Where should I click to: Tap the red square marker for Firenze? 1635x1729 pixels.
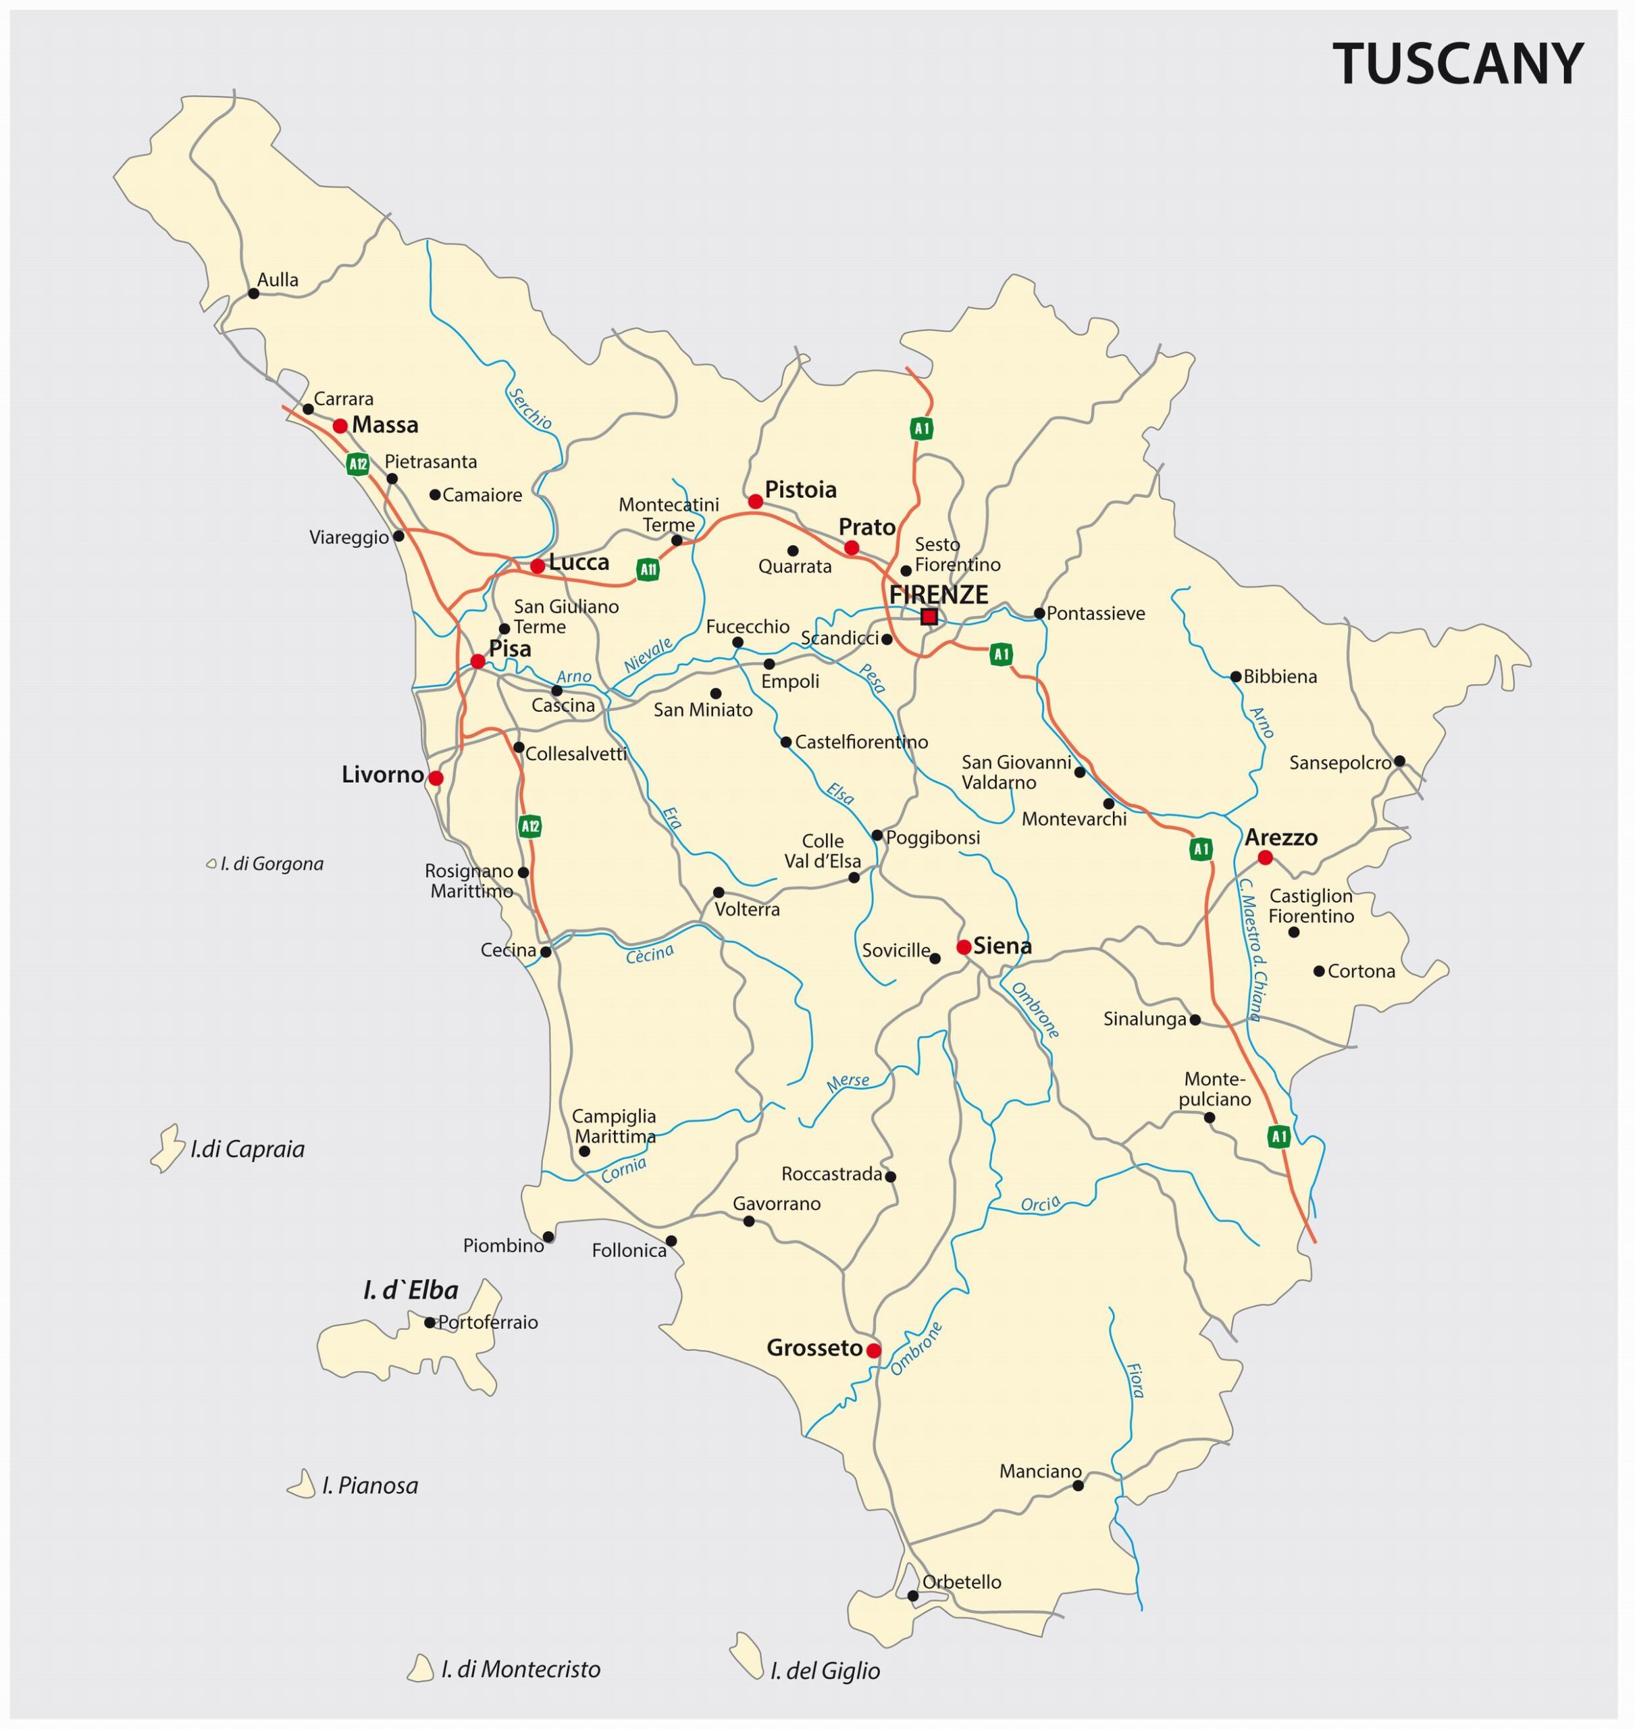(x=929, y=617)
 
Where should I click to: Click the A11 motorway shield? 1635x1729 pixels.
(x=648, y=570)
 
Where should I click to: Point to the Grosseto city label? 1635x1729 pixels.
(x=814, y=1348)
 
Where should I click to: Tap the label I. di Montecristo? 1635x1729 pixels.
(x=520, y=1669)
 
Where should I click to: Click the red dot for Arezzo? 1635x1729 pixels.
(x=1265, y=858)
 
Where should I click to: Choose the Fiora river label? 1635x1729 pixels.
(x=1135, y=1380)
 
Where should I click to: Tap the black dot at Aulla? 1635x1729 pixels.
(x=254, y=293)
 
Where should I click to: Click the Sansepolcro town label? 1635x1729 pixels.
(x=1340, y=763)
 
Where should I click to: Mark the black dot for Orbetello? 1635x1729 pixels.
(x=912, y=1596)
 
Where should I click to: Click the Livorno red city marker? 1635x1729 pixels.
(x=436, y=777)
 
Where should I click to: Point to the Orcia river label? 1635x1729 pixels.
(x=1040, y=1204)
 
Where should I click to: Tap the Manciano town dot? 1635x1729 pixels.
(x=1077, y=1485)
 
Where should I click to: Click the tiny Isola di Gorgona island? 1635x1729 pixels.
(x=211, y=864)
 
